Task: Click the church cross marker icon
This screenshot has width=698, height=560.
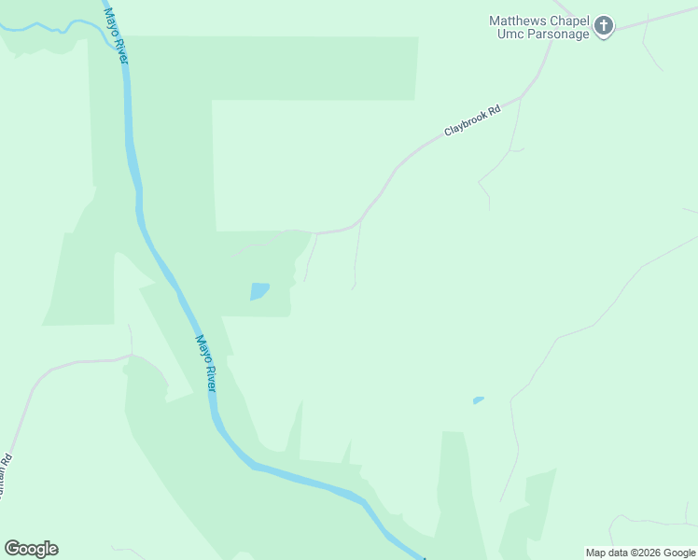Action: click(x=604, y=26)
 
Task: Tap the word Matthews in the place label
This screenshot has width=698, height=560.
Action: click(x=517, y=21)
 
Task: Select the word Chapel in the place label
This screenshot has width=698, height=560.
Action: click(x=568, y=21)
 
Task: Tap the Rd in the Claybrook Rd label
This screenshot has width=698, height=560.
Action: click(x=495, y=109)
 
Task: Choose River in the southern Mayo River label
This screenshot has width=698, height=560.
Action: click(x=211, y=378)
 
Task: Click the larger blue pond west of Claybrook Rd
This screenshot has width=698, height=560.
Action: click(x=258, y=291)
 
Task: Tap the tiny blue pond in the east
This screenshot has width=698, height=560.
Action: click(x=478, y=400)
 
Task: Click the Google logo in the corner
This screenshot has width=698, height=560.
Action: click(x=31, y=549)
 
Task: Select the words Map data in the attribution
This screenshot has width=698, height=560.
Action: click(x=607, y=553)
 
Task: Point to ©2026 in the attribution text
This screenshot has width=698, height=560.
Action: click(x=645, y=553)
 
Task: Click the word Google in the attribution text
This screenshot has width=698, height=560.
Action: click(x=679, y=553)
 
